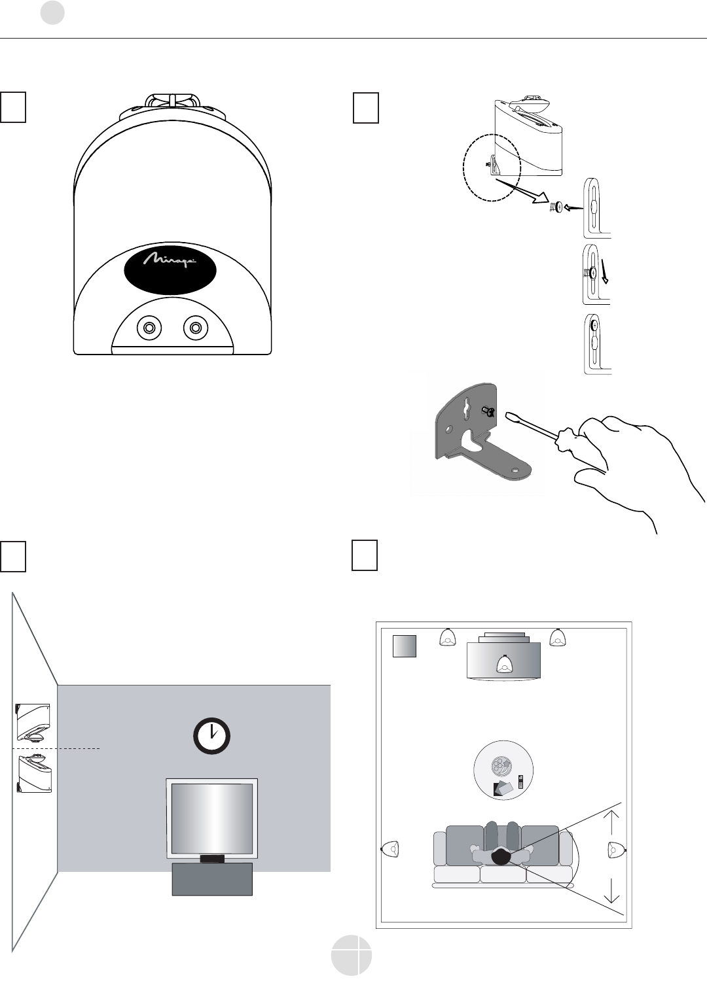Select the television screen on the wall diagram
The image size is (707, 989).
211,818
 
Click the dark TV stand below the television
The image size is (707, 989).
211,878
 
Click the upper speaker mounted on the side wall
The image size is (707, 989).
33,720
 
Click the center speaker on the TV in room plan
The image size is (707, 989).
504,664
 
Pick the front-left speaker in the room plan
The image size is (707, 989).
447,636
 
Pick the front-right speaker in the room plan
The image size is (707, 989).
558,636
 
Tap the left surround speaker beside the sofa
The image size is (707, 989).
390,849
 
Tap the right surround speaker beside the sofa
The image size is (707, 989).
615,850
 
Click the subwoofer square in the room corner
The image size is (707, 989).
405,646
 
